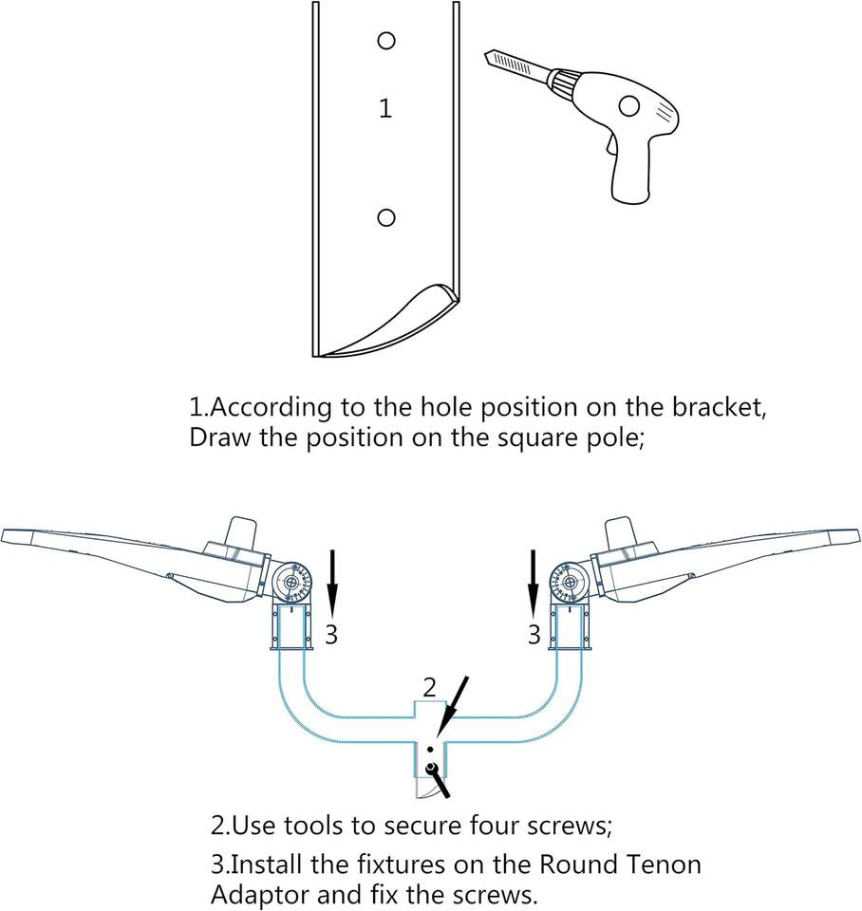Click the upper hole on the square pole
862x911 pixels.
pyautogui.click(x=385, y=41)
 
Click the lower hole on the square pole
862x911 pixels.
pyautogui.click(x=385, y=218)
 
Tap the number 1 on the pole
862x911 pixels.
pyautogui.click(x=384, y=109)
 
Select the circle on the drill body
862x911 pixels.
pyautogui.click(x=628, y=106)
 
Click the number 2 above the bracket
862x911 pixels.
pyautogui.click(x=430, y=686)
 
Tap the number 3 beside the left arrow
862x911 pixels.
pyautogui.click(x=330, y=634)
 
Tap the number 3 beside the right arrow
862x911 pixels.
pyautogui.click(x=534, y=634)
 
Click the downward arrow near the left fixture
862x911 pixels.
pyautogui.click(x=331, y=584)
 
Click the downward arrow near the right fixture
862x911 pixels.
pyautogui.click(x=534, y=584)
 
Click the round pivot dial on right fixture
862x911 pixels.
pyautogui.click(x=569, y=581)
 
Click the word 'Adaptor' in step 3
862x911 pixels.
pyautogui.click(x=254, y=895)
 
